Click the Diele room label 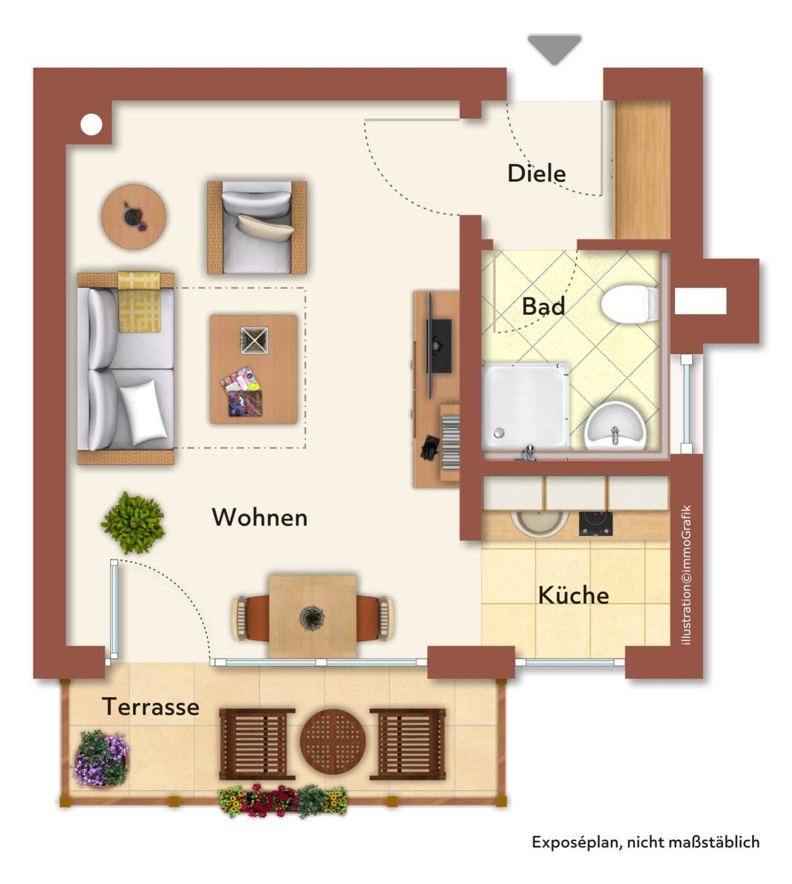(537, 173)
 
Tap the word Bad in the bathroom (543, 306)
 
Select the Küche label (573, 595)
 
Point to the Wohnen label (260, 518)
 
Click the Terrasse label (150, 707)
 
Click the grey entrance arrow (554, 50)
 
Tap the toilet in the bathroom (630, 304)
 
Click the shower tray (525, 406)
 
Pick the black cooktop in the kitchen (596, 524)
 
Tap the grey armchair (257, 228)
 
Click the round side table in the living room (133, 217)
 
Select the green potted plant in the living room (133, 522)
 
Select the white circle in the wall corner (91, 125)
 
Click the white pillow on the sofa (144, 411)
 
